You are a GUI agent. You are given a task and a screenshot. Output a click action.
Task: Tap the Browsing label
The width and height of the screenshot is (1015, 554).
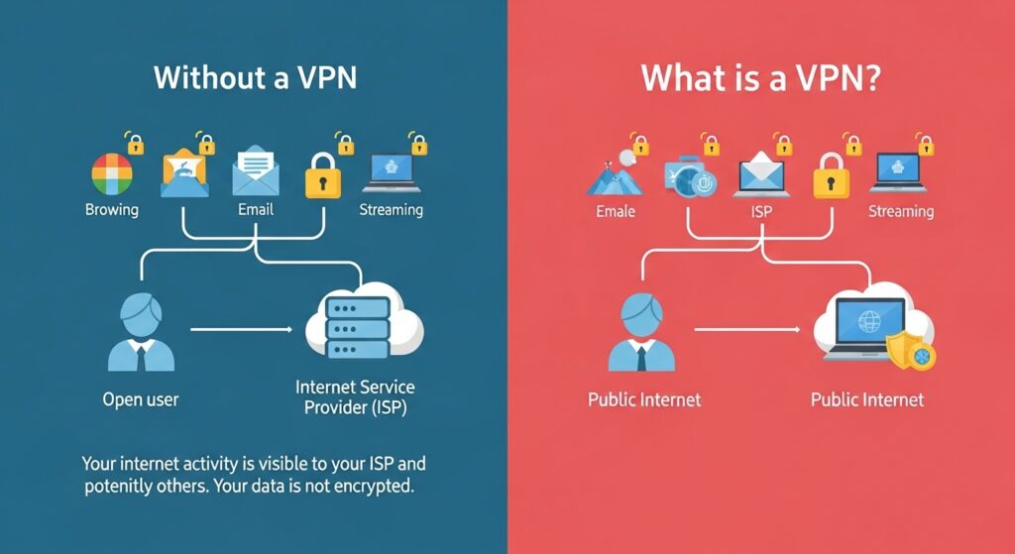[112, 210]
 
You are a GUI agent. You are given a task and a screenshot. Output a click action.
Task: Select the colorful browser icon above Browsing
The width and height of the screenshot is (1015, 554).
[112, 174]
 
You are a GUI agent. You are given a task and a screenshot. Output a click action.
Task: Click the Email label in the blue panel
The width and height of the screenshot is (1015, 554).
[256, 210]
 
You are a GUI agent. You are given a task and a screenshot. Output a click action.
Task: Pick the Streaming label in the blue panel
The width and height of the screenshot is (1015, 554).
[391, 210]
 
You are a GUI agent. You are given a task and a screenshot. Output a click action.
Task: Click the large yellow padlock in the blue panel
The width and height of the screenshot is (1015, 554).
[322, 175]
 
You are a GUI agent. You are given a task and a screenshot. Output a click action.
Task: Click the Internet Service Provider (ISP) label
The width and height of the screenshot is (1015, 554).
[355, 396]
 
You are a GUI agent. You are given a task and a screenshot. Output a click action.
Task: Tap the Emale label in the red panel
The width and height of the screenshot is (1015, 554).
[616, 211]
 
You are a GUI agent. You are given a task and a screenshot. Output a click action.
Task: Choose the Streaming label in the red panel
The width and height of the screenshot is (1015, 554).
[900, 211]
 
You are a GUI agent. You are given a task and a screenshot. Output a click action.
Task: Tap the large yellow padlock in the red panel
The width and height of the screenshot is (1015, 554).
[831, 175]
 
